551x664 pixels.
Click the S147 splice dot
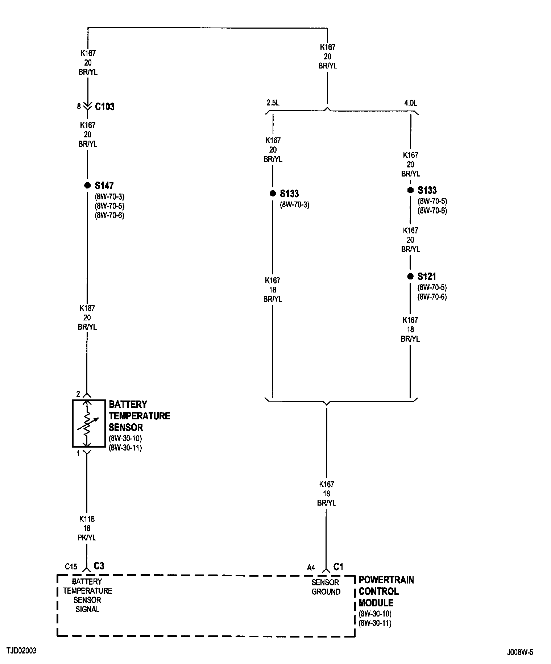click(x=87, y=185)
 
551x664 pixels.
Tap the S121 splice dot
click(x=410, y=276)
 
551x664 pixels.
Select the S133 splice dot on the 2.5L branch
click(x=273, y=194)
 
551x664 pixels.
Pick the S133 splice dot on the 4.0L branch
click(x=410, y=190)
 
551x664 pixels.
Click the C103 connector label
click(x=104, y=107)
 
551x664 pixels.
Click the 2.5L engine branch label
click(x=273, y=103)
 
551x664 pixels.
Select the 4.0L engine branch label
click(x=410, y=103)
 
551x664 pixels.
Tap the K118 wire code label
click(x=87, y=519)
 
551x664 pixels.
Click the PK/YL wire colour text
click(x=87, y=538)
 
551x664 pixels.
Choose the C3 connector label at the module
click(x=99, y=566)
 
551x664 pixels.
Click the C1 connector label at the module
click(x=338, y=567)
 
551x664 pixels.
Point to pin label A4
click(x=311, y=568)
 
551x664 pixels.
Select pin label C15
click(x=71, y=567)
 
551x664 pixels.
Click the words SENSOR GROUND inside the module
click(x=326, y=587)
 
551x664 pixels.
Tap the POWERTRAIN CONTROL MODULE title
click(x=386, y=591)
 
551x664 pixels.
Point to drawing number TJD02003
click(x=21, y=651)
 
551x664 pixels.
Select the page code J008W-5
click(x=520, y=652)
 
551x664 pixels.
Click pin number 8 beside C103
click(x=79, y=107)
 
